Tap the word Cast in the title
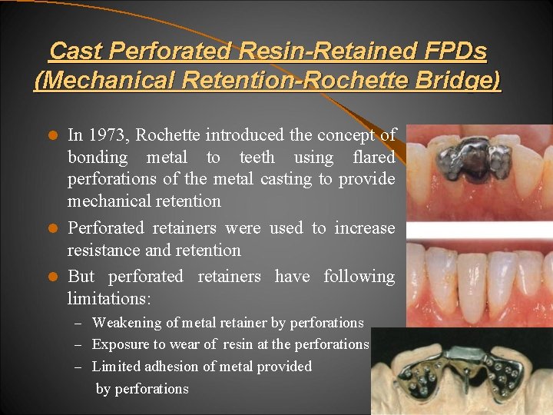pyautogui.click(x=75, y=51)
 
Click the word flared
pyautogui.click(x=373, y=158)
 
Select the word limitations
pyautogui.click(x=109, y=298)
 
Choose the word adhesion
pyautogui.click(x=180, y=367)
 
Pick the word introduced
pyautogui.click(x=245, y=136)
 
